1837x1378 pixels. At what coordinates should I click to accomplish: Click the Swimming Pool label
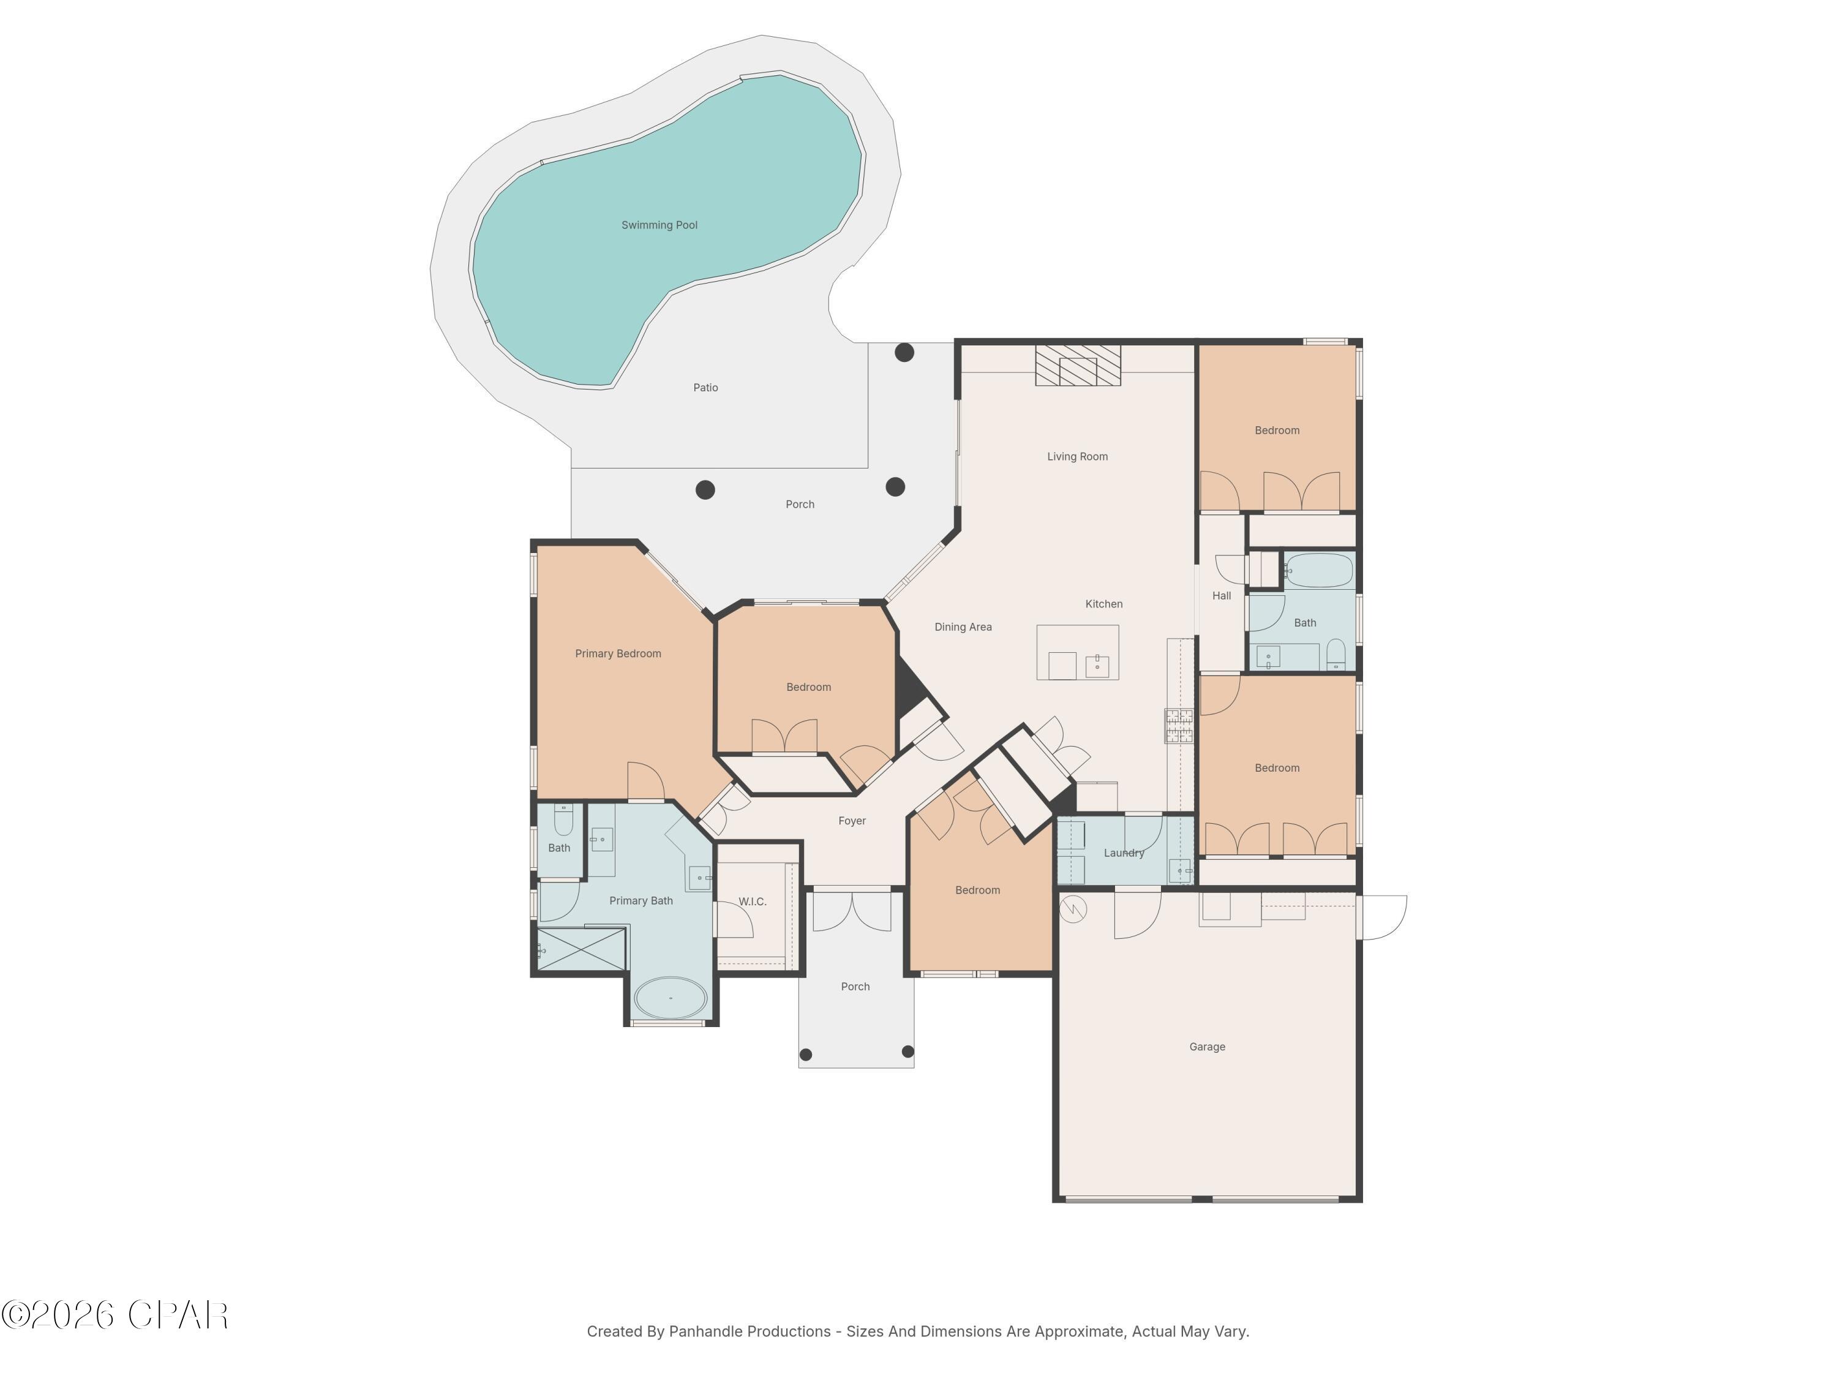659,225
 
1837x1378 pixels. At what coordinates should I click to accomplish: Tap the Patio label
705,388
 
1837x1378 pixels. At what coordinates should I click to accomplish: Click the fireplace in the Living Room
1077,366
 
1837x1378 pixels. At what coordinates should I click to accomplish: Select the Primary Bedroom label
618,653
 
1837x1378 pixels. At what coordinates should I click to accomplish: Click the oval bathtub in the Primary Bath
670,998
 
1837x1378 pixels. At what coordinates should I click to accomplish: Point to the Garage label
1207,1047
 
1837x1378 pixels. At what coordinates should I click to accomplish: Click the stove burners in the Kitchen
1179,725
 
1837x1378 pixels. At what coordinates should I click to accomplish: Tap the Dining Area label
963,627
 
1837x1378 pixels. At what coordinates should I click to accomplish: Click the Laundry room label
1124,853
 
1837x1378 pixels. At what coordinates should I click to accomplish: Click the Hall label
1221,595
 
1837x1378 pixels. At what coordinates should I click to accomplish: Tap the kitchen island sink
1097,665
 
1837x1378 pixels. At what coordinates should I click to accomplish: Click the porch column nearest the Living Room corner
904,352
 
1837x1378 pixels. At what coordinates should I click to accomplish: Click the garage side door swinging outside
1382,917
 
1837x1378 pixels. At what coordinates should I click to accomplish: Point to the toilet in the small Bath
563,820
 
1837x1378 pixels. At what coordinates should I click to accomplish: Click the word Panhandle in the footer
708,1331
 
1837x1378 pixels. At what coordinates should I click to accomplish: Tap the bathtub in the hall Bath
1320,571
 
